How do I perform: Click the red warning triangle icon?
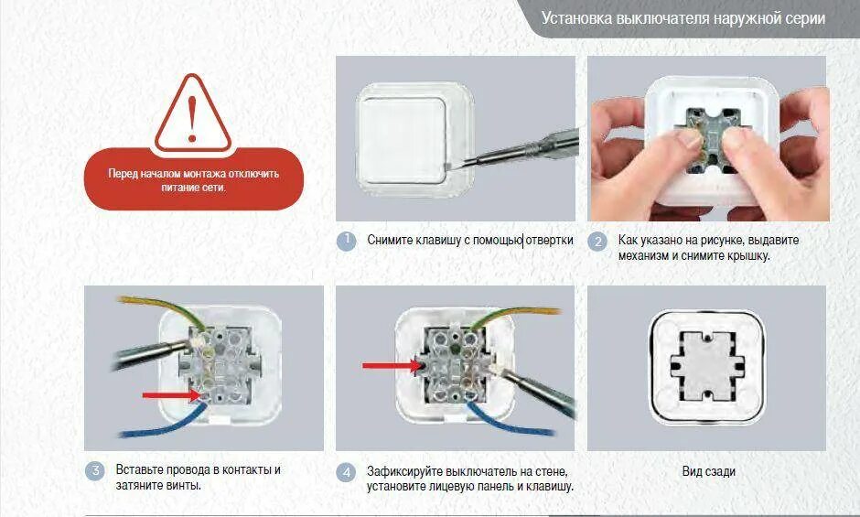point(192,113)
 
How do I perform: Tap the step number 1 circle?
point(346,242)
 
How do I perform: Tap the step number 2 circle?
point(597,242)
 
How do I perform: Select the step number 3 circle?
point(94,471)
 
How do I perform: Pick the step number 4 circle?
point(346,472)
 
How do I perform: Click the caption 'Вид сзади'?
point(708,471)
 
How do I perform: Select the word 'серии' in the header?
point(805,18)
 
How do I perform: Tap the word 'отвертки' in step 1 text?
point(549,240)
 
